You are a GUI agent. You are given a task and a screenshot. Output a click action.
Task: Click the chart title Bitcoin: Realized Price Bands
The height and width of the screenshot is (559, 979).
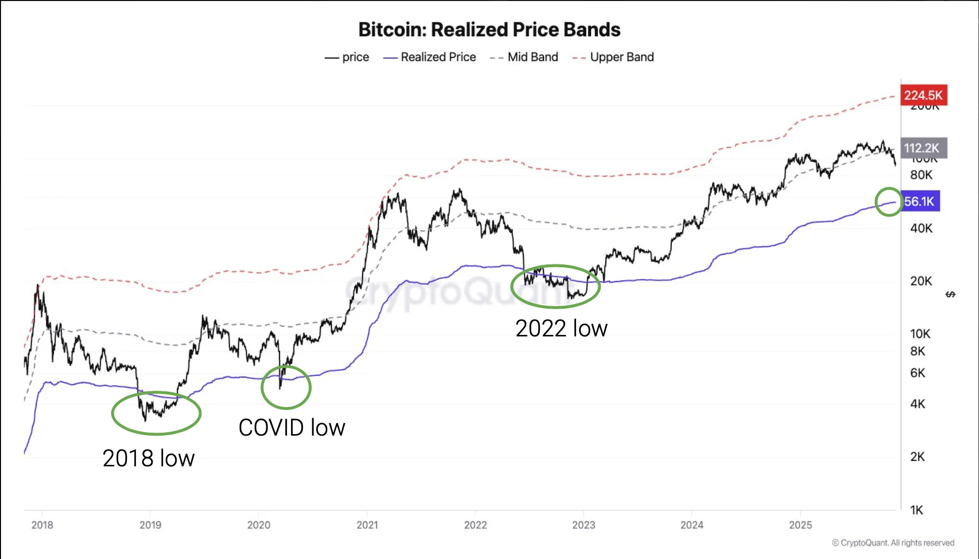489,30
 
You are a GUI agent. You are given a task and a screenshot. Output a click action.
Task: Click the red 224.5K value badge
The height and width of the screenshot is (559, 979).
923,95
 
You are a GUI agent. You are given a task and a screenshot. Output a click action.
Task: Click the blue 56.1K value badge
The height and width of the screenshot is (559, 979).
920,201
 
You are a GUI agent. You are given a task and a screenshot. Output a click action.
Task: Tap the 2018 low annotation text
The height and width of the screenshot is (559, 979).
149,458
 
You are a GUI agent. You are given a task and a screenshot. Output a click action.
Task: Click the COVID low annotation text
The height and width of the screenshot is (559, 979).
292,428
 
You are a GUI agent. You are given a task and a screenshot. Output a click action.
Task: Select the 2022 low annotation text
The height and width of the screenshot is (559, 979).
561,329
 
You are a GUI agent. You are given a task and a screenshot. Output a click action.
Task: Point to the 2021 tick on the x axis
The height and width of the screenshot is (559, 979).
367,525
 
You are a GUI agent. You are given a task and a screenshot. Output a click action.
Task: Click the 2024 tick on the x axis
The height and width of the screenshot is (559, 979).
692,525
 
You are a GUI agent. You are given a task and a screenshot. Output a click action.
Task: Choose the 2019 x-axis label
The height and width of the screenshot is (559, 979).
150,525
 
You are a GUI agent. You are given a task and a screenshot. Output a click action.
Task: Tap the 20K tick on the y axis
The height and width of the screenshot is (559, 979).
921,281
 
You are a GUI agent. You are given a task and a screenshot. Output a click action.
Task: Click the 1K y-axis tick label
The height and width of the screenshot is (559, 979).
917,510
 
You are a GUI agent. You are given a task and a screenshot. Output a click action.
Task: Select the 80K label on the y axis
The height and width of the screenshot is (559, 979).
921,175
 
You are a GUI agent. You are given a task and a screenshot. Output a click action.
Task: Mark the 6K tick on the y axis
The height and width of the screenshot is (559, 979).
918,373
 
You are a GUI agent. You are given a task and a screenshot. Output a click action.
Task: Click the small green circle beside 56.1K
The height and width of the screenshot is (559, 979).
888,202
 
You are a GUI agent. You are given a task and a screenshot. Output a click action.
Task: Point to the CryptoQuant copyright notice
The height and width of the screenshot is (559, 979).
893,543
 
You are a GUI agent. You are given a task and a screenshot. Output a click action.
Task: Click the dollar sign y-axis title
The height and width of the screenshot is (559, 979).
950,294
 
